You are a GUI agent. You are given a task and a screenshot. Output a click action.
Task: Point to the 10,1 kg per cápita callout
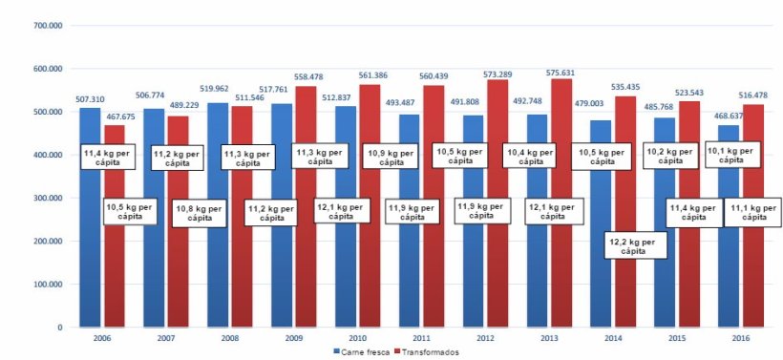[x=736, y=156]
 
